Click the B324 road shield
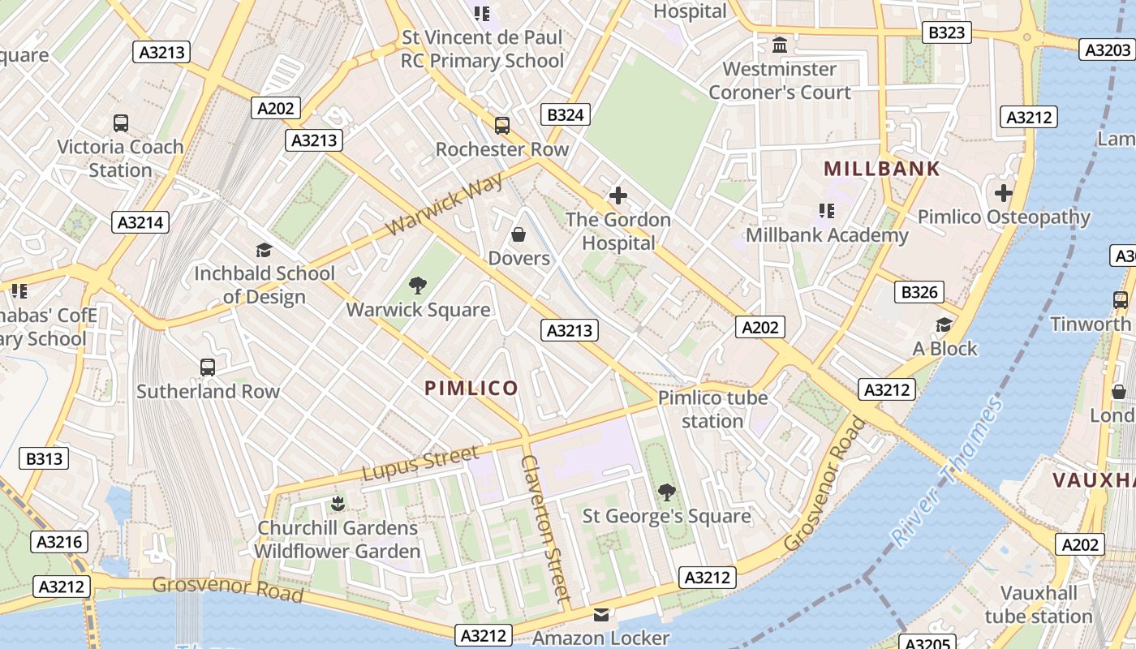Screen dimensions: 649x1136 point(566,114)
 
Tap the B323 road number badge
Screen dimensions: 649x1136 point(946,32)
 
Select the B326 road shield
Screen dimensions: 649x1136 point(919,292)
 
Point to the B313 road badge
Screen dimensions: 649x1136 point(44,458)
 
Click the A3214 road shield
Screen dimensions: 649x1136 point(140,222)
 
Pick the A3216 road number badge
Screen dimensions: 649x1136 point(59,542)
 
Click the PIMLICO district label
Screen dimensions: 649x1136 point(471,388)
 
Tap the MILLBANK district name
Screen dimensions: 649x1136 point(882,169)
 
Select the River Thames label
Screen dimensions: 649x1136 point(946,471)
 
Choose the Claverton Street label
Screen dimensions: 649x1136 point(544,527)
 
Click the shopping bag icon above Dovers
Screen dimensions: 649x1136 point(519,234)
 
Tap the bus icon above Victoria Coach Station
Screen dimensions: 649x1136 point(120,123)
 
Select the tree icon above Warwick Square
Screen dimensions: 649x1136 point(418,285)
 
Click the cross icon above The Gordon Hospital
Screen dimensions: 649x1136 point(618,196)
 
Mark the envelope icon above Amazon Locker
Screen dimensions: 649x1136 point(600,614)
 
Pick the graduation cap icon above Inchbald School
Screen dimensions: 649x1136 point(264,250)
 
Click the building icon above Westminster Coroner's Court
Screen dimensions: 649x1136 point(780,45)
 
